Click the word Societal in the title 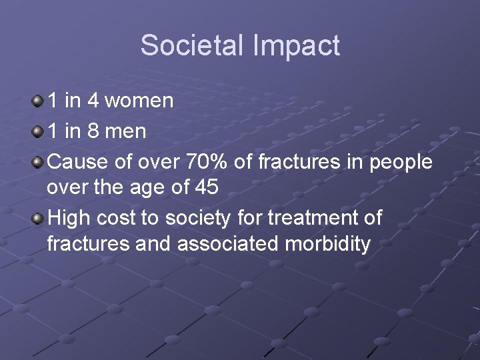click(x=183, y=45)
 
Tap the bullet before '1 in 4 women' click(x=37, y=101)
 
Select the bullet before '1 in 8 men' click(x=37, y=131)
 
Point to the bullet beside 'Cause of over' click(x=37, y=160)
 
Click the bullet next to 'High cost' click(x=37, y=217)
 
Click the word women click(x=139, y=101)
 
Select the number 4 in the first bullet click(x=93, y=101)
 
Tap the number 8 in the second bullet click(x=93, y=131)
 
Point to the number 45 click(x=205, y=189)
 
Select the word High click(x=69, y=218)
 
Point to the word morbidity click(x=327, y=245)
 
